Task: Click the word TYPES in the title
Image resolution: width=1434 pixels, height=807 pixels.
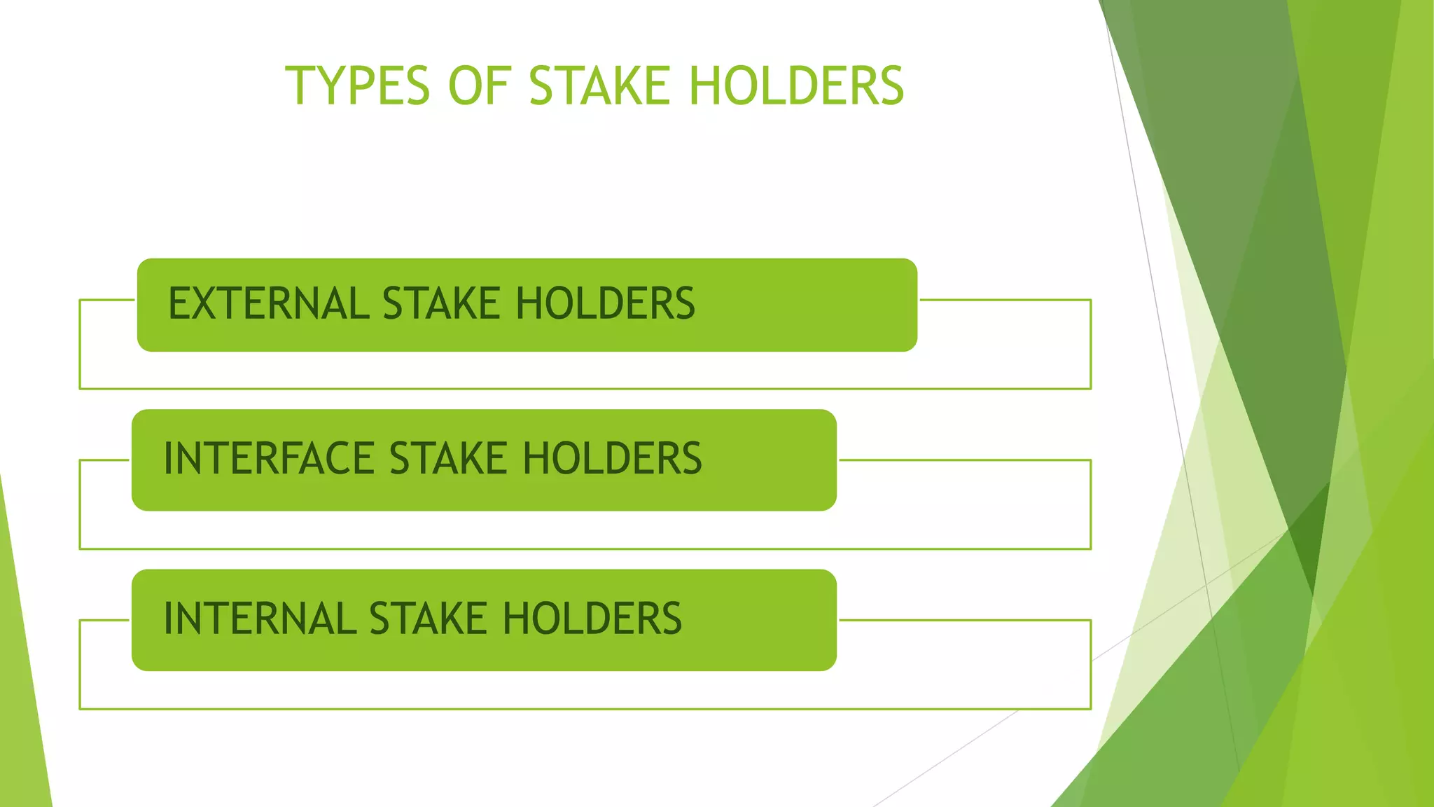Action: (357, 85)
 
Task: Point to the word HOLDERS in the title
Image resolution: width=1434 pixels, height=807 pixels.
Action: (796, 85)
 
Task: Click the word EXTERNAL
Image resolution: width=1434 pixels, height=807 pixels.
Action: (268, 304)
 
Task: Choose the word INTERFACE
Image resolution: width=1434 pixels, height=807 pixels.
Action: (268, 459)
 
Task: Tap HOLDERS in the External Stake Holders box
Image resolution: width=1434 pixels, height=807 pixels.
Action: (605, 304)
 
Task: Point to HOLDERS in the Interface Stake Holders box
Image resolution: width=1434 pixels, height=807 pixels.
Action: (612, 459)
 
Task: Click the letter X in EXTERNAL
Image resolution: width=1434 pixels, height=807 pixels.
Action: (205, 304)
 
